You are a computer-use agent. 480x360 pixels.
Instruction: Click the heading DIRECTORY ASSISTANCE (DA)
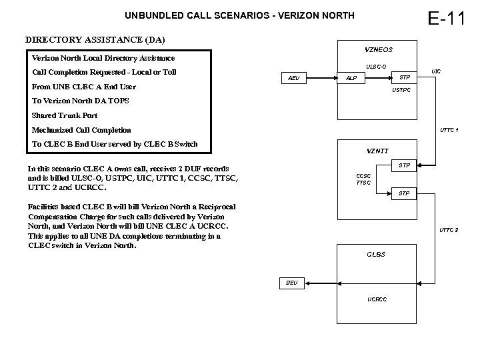pyautogui.click(x=95, y=40)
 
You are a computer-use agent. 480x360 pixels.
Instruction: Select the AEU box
pyautogui.click(x=293, y=78)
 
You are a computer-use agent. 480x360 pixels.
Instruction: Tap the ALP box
pyautogui.click(x=351, y=78)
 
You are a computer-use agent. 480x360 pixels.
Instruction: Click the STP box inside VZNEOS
pyautogui.click(x=403, y=77)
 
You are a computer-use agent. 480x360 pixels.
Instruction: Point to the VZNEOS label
pyautogui.click(x=379, y=50)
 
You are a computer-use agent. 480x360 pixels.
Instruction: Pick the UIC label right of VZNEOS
pyautogui.click(x=436, y=71)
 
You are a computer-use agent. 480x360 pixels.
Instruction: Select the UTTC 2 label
pyautogui.click(x=448, y=230)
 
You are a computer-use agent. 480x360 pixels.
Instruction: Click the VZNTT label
pyautogui.click(x=378, y=150)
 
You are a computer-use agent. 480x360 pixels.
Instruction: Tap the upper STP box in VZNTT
pyautogui.click(x=403, y=165)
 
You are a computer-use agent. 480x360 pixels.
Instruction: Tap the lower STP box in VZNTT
pyautogui.click(x=403, y=193)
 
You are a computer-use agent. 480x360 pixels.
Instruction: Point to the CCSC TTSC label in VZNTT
pyautogui.click(x=363, y=179)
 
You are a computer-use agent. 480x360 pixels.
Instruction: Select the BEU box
pyautogui.click(x=292, y=283)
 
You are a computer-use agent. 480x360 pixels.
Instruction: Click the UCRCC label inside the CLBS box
pyautogui.click(x=377, y=299)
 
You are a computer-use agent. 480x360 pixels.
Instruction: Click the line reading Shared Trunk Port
pyautogui.click(x=65, y=115)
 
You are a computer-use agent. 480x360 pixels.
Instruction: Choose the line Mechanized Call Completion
pyautogui.click(x=81, y=130)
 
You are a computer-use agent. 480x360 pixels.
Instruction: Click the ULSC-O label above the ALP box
pyautogui.click(x=376, y=66)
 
